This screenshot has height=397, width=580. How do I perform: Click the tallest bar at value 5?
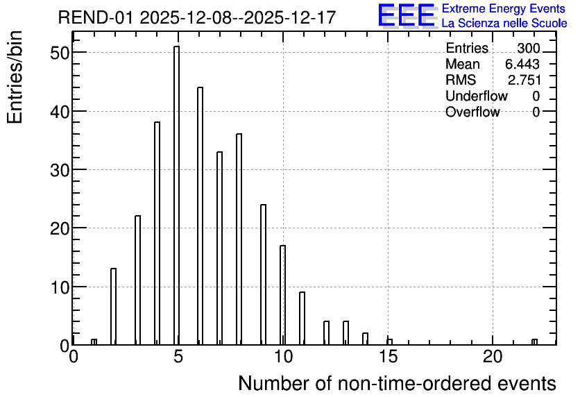point(176,195)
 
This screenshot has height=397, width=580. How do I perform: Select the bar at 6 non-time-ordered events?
point(200,216)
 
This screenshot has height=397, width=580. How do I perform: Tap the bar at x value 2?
point(114,306)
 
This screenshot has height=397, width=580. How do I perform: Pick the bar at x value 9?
point(264,275)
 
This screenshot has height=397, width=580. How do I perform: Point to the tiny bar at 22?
point(534,342)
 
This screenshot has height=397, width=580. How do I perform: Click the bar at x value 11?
point(302,318)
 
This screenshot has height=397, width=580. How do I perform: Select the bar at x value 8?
point(239,239)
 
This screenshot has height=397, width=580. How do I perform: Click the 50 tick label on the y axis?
point(60,53)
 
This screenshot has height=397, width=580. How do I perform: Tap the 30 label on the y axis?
point(60,170)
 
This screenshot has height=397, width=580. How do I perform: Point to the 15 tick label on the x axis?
point(388,357)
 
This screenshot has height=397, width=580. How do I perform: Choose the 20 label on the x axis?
point(493,357)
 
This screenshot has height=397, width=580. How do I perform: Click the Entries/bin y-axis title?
point(15,77)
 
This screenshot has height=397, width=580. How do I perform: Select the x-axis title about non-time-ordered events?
point(397,383)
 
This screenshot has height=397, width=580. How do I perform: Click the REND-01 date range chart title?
point(197,17)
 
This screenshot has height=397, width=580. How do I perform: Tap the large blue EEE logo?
point(407,15)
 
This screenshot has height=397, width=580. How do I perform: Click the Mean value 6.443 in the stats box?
point(522,64)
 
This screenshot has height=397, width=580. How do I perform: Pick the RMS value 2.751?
point(524,80)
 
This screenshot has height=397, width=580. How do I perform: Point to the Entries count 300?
point(529,48)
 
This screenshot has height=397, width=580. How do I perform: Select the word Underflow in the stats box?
point(477,96)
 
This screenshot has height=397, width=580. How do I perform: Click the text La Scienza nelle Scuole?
point(504,23)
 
